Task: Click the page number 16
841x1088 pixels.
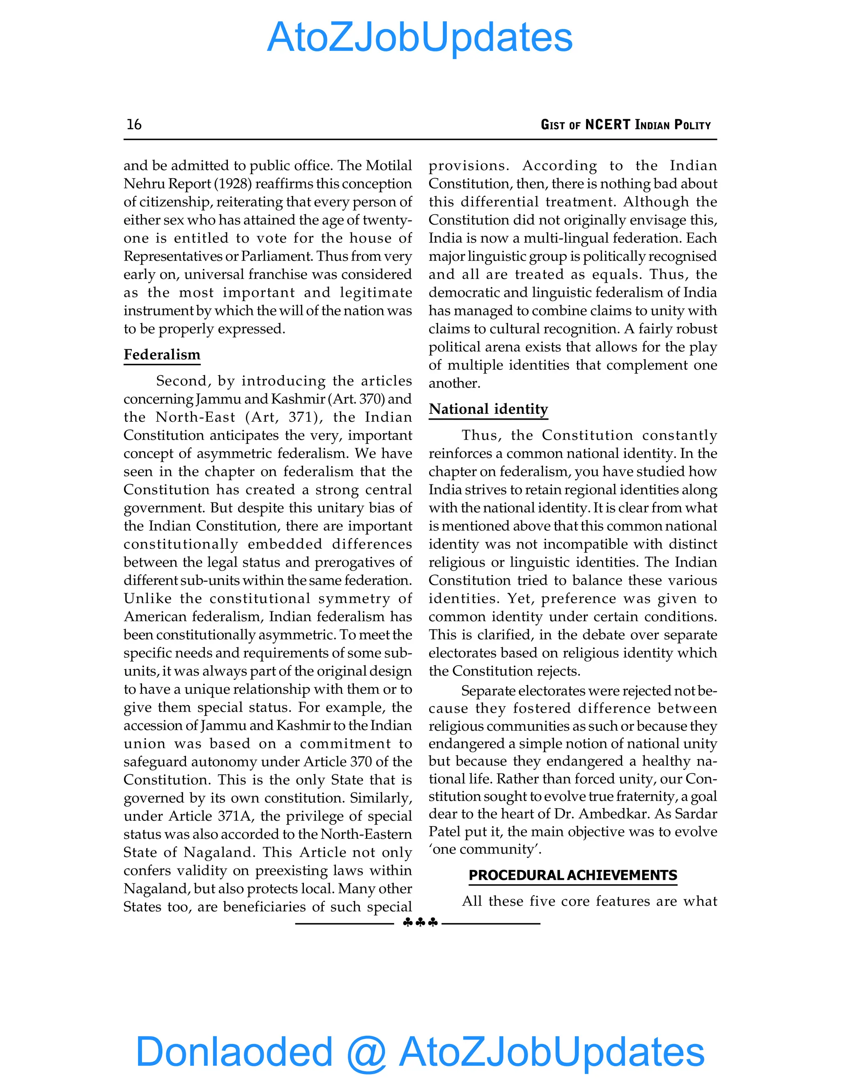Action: click(x=134, y=124)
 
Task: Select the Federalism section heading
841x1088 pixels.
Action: click(x=162, y=355)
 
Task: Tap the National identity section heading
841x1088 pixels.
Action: click(x=488, y=409)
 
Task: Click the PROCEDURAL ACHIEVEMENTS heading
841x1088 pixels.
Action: click(x=572, y=875)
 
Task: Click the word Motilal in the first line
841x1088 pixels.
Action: click(x=388, y=165)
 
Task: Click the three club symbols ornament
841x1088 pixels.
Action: click(x=420, y=923)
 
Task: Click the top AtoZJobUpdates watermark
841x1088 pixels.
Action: click(x=420, y=37)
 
